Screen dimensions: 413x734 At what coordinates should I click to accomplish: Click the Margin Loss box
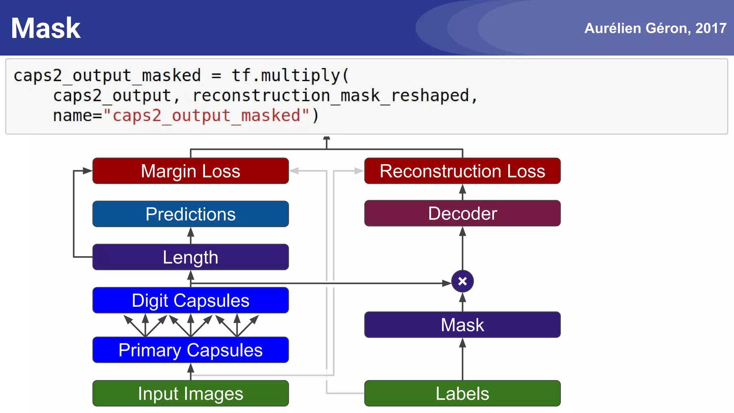pyautogui.click(x=190, y=171)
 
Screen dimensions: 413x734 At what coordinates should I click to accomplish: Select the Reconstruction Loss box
pyautogui.click(x=462, y=171)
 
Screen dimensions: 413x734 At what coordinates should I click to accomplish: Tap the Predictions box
pyautogui.click(x=190, y=214)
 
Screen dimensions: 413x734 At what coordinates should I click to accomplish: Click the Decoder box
pyautogui.click(x=462, y=213)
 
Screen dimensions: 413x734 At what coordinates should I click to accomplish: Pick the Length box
pyautogui.click(x=190, y=257)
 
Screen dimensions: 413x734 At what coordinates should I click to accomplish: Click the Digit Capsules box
pyautogui.click(x=190, y=300)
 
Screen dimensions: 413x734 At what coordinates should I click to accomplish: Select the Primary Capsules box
pyautogui.click(x=190, y=350)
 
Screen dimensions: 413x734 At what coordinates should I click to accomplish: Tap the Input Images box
pyautogui.click(x=190, y=393)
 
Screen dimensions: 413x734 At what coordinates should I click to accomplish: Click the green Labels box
pyautogui.click(x=462, y=393)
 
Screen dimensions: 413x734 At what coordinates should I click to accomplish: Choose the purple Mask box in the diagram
pyautogui.click(x=462, y=325)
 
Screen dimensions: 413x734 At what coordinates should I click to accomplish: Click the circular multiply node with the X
pyautogui.click(x=462, y=281)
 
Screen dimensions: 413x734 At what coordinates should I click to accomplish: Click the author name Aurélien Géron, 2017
pyautogui.click(x=655, y=28)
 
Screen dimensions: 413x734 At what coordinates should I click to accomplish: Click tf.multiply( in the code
pyautogui.click(x=290, y=75)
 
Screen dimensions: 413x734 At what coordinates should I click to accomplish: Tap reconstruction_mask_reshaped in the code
pyautogui.click(x=331, y=96)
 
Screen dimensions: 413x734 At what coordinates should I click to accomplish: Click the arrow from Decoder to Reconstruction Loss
pyautogui.click(x=462, y=192)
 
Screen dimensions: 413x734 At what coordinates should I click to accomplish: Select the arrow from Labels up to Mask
pyautogui.click(x=462, y=359)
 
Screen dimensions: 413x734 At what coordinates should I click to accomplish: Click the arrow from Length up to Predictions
pyautogui.click(x=191, y=235)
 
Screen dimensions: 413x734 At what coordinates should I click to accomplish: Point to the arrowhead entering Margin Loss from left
pyautogui.click(x=87, y=171)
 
